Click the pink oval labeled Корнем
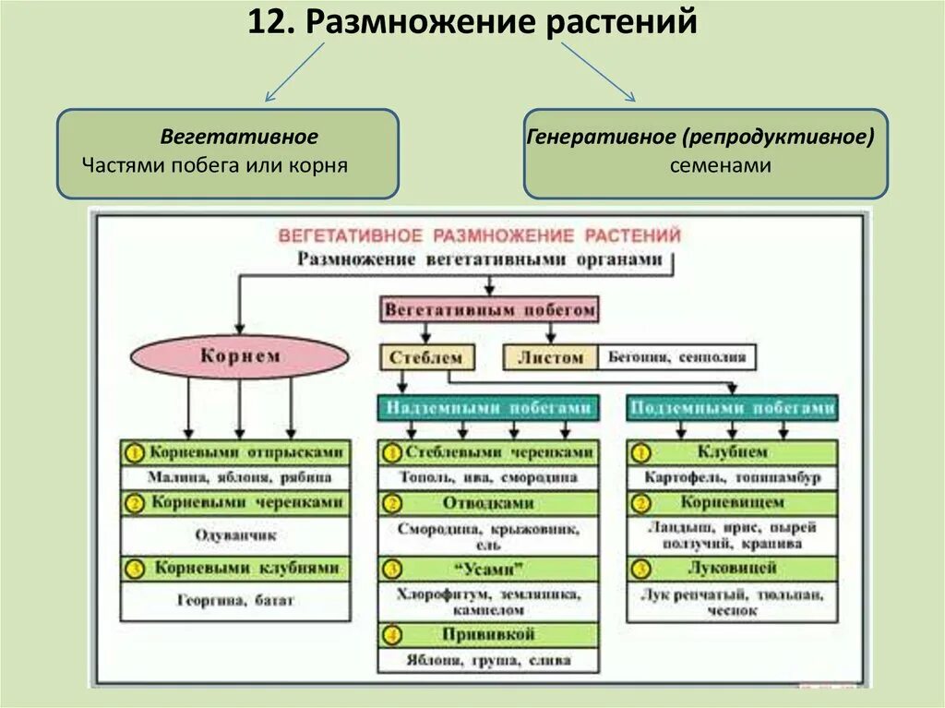(239, 356)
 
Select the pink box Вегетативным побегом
(489, 310)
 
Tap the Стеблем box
(425, 357)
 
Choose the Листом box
(550, 357)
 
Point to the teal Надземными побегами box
(488, 407)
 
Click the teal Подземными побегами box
(732, 407)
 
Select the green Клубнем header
(732, 453)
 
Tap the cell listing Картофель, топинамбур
(732, 478)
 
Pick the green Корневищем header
(732, 503)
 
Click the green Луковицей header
(732, 568)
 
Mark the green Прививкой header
(488, 635)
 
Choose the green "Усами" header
(488, 569)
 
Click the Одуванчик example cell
(235, 534)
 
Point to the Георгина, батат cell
(235, 600)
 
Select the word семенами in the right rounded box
(707, 165)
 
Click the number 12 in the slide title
(265, 21)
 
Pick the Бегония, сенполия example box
(676, 357)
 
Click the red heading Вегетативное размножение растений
(480, 235)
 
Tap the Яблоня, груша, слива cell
(488, 660)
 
